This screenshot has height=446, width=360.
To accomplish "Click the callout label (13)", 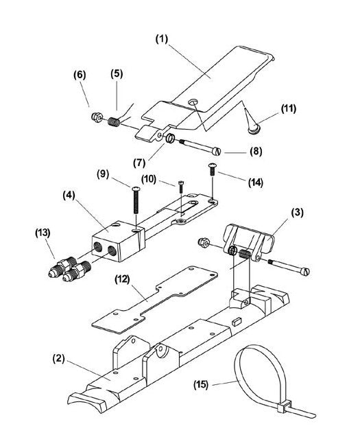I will (43, 234).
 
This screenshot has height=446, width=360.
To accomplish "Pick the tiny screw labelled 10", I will (180, 183).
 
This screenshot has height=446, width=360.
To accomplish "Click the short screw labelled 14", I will (213, 169).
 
